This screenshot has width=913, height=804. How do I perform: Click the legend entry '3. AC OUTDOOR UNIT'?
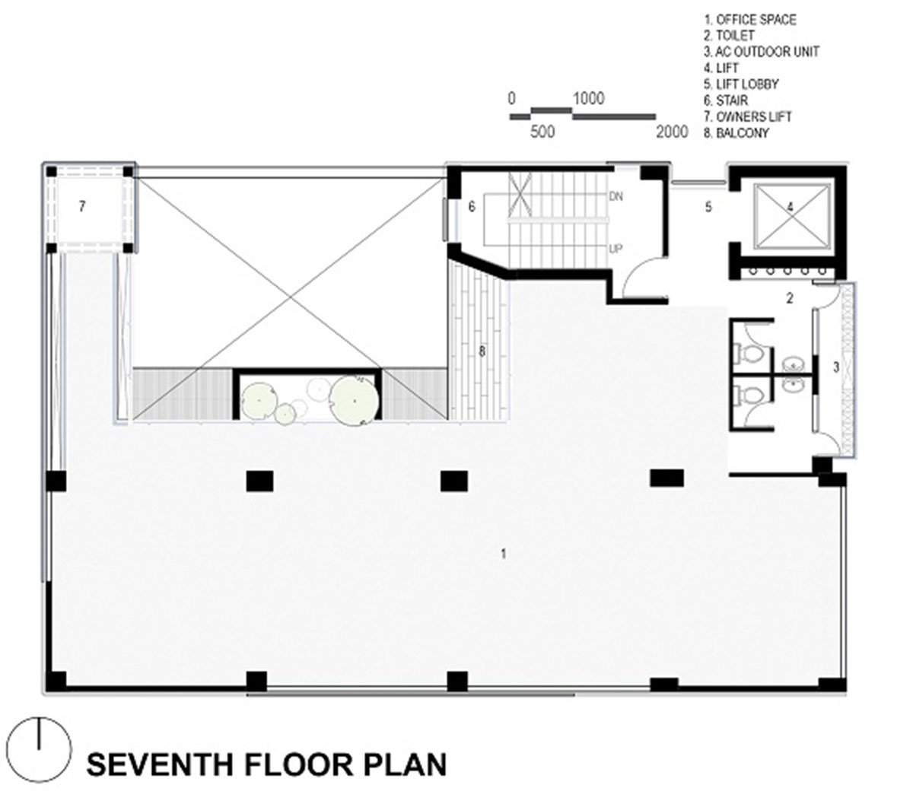click(761, 52)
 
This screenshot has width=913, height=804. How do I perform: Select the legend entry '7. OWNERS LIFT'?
click(748, 116)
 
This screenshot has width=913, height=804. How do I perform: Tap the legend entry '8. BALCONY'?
click(736, 133)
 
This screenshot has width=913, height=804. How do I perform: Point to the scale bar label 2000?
click(672, 132)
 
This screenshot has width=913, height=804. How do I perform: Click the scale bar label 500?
click(542, 132)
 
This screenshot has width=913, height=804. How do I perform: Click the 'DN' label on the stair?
click(616, 196)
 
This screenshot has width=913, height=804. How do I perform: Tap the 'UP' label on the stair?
click(616, 248)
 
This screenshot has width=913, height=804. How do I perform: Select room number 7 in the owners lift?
click(81, 206)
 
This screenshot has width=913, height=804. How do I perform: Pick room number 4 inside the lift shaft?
click(790, 207)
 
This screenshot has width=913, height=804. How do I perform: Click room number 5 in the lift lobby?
click(708, 207)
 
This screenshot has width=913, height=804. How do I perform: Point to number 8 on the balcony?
click(482, 351)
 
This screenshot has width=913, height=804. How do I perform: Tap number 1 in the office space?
click(504, 554)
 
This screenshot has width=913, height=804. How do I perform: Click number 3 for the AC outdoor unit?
click(836, 367)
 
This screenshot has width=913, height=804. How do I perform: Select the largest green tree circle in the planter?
click(354, 400)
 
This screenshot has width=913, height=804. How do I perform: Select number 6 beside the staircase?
click(472, 207)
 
